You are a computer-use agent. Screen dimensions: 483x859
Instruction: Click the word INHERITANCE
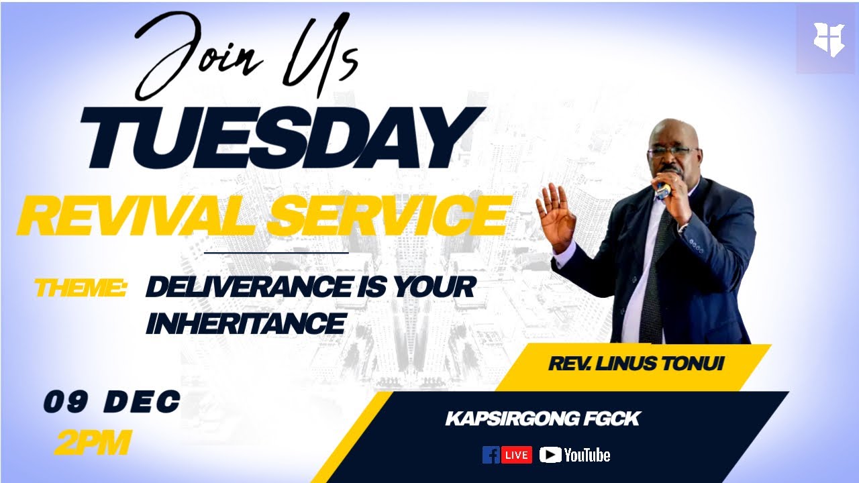tap(245, 323)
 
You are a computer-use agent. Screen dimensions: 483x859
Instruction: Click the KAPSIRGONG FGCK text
tap(542, 419)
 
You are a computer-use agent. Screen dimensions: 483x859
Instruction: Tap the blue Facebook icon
tap(491, 455)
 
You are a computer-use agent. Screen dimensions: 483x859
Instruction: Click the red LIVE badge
tap(516, 455)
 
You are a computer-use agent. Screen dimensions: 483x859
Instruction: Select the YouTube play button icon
tap(550, 455)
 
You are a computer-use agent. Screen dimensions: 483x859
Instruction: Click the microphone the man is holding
tap(663, 189)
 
